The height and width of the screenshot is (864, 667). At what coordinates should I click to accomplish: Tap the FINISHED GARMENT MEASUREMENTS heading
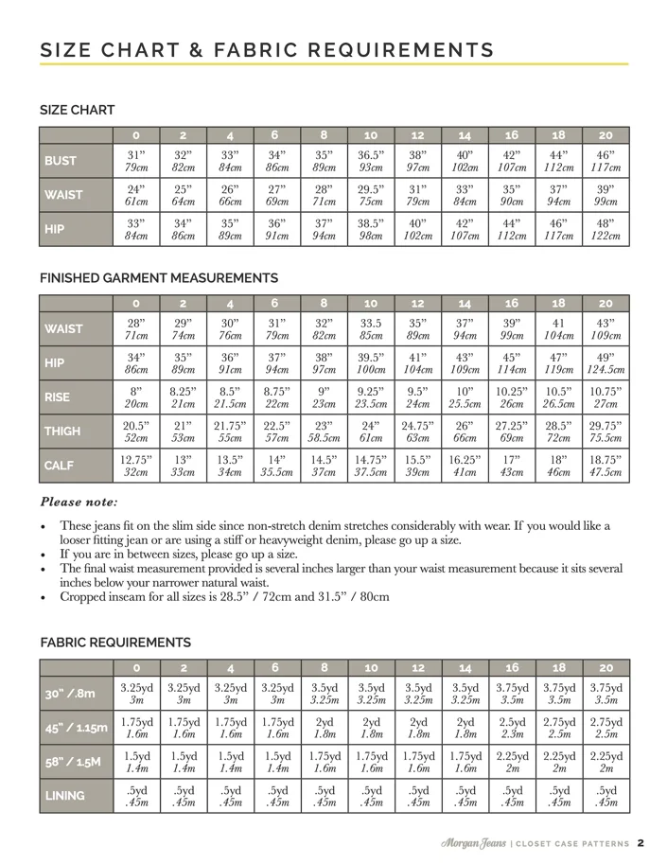point(159,278)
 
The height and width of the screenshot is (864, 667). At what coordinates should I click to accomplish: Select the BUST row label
point(61,161)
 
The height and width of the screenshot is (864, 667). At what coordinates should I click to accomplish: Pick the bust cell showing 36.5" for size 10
point(372,161)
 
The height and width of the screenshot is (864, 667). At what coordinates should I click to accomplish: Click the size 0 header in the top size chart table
point(136,134)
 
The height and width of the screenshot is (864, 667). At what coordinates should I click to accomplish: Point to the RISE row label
point(59,397)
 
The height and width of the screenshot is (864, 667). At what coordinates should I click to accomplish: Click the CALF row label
point(60,466)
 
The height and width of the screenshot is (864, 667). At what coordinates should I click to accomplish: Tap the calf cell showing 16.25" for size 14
point(465,466)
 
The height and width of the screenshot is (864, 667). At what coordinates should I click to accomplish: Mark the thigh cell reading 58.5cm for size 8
point(324,438)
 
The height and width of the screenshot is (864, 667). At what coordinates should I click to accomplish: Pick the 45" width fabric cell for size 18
point(559,729)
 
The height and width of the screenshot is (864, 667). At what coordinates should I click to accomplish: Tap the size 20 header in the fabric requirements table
point(606,668)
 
